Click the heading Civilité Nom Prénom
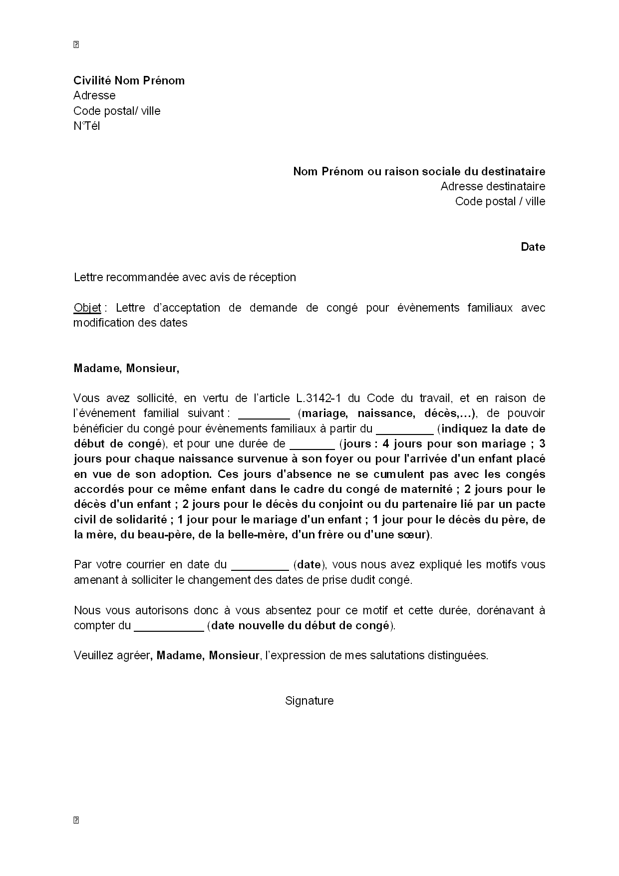coord(129,80)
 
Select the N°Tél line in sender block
coord(86,126)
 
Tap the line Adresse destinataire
coord(492,186)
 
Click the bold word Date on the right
coord(533,247)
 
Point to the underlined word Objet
coord(87,308)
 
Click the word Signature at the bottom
coord(309,701)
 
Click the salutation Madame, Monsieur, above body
coord(126,368)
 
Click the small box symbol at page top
coord(76,45)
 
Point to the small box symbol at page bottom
coord(76,820)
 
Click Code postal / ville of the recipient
coord(500,201)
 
